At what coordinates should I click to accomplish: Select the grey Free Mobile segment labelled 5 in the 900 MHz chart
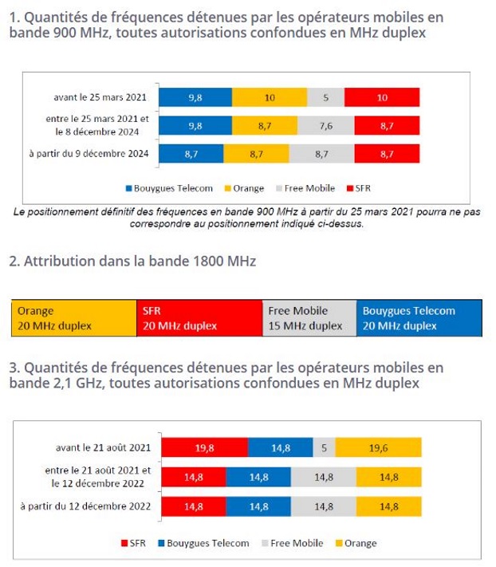326,97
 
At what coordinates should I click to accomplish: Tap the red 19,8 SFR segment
204,448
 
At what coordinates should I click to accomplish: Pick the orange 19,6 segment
378,448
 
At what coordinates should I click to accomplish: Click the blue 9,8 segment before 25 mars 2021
195,97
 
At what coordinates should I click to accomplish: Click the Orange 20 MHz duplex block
73,318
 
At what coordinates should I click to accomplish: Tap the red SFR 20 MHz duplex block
199,318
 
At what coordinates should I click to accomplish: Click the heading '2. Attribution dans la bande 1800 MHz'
132,261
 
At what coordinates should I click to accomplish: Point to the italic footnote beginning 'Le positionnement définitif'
247,219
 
